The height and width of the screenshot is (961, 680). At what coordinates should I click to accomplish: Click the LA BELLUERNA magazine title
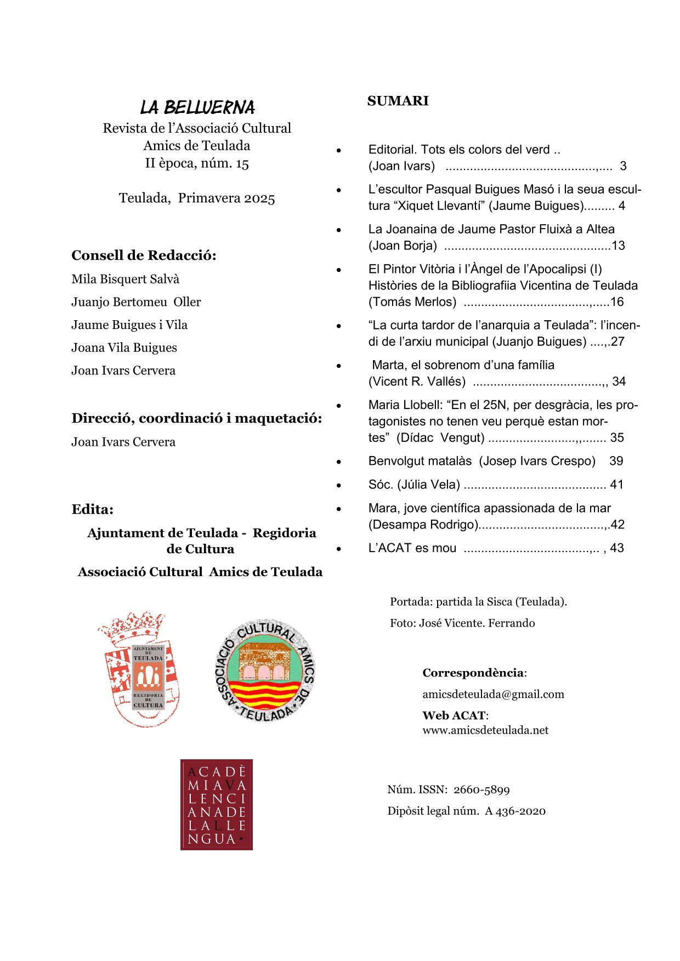pos(197,107)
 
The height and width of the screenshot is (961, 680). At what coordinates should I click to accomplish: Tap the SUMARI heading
pos(398,101)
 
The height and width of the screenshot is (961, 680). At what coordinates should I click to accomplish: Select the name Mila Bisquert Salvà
pos(125,279)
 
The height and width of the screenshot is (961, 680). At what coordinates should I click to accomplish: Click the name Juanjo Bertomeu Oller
pos(136,302)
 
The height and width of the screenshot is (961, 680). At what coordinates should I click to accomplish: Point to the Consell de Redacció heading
pos(144,255)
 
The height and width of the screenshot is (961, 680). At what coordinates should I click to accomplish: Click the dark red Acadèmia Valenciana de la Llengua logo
pos(217,804)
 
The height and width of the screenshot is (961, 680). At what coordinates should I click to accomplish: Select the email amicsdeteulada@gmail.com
pos(493,694)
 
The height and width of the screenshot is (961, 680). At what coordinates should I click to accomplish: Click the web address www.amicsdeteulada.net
pos(485,730)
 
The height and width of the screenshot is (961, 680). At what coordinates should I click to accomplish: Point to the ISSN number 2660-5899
pos(481,790)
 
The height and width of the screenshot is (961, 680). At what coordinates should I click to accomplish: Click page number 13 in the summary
pos(618,246)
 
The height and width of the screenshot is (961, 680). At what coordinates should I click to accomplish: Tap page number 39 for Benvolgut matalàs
pos(616,461)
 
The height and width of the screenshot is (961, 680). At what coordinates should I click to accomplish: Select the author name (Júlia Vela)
pos(428,485)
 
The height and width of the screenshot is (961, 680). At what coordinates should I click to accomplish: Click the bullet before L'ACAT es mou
pos(339,549)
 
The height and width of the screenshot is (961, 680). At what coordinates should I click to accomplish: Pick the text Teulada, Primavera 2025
pos(197,198)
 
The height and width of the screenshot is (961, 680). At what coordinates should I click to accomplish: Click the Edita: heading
pos(92,509)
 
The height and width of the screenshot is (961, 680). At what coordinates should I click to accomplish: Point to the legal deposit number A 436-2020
pos(515,811)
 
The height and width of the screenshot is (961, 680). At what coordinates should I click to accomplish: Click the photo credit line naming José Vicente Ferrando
pos(462,623)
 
